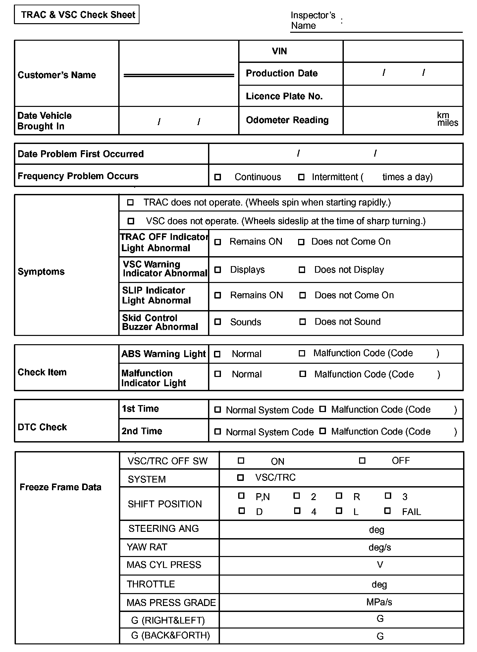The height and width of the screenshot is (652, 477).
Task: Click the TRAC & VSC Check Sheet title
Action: point(78,15)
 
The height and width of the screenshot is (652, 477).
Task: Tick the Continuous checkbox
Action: point(218,177)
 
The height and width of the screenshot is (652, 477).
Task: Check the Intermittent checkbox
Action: point(301,177)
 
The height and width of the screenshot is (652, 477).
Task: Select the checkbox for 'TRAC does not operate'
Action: point(131,202)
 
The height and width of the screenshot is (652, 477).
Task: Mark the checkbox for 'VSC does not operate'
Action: point(131,221)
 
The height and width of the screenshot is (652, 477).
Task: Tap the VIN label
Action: point(279,51)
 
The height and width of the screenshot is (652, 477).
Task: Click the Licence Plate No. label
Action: point(284,96)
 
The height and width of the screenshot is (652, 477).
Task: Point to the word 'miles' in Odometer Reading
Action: point(448,123)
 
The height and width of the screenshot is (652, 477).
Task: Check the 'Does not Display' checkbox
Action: point(302,270)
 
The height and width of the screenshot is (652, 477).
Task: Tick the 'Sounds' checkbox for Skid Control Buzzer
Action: point(218,322)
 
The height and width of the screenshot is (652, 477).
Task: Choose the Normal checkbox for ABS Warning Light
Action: point(217,354)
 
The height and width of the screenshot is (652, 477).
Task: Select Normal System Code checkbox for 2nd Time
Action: point(218,431)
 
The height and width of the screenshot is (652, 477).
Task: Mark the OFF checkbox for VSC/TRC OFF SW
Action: point(362,460)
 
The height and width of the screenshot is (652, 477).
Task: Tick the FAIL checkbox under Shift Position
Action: point(387,511)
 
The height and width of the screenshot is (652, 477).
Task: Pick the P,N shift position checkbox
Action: point(241,495)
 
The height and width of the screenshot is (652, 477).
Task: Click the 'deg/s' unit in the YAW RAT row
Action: point(380,547)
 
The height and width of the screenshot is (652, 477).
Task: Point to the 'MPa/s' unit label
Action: point(379,602)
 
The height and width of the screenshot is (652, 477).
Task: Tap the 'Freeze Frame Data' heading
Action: point(60,487)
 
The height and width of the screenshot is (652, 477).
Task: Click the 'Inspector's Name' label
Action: point(313,21)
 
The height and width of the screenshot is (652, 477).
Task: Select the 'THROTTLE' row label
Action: point(151,584)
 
